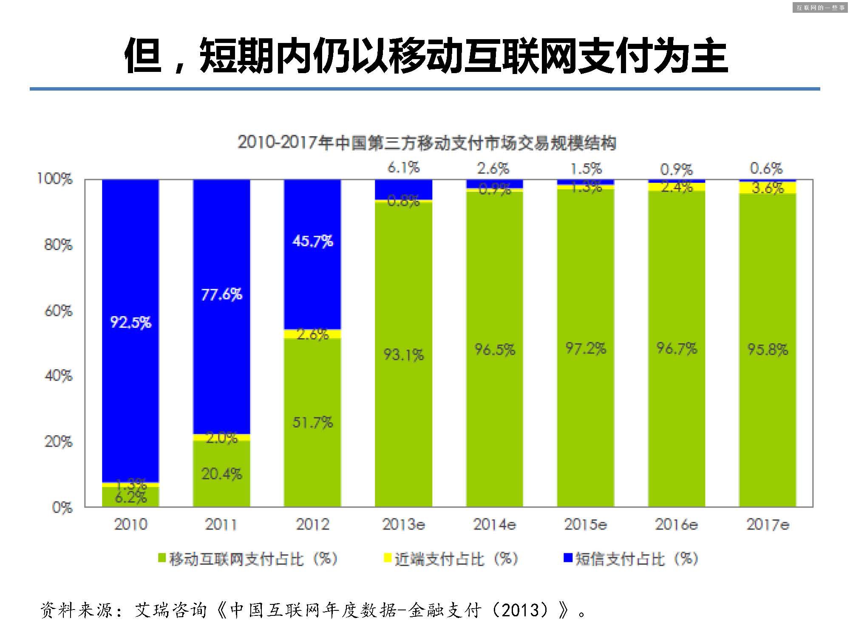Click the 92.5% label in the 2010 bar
tap(130, 322)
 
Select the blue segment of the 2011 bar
tap(221, 255)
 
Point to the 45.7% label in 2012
tap(312, 241)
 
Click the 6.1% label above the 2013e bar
tap(403, 168)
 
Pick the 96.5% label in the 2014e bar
tap(495, 350)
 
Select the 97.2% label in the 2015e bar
tap(586, 348)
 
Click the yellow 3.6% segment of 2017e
tap(768, 188)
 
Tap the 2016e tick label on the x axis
tap(676, 524)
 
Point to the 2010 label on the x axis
tap(130, 524)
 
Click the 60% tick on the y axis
tap(59, 311)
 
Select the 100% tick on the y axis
tap(55, 179)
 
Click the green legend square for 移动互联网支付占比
tap(161, 558)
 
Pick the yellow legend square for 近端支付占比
tap(387, 558)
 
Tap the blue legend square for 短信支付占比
tap(568, 558)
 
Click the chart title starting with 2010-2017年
tap(427, 143)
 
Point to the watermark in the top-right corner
tap(820, 7)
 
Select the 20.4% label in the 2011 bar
tap(221, 473)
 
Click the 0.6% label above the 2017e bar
tap(766, 168)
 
